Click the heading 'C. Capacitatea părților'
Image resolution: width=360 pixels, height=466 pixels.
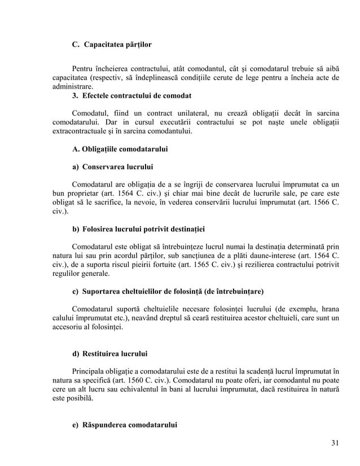112,43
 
